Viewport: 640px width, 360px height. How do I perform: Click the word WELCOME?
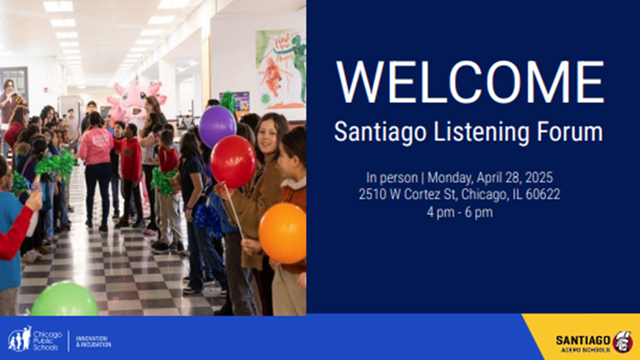pos(471,82)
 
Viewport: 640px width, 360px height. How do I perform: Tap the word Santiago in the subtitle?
pos(372,132)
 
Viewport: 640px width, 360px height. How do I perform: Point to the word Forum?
pos(568,132)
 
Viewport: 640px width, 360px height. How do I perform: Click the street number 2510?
pos(372,194)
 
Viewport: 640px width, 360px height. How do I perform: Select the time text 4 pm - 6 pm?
pos(470,211)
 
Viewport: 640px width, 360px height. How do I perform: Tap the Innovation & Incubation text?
pos(93,341)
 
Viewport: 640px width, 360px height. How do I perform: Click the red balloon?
pos(233,161)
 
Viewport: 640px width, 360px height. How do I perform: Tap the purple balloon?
pos(217,126)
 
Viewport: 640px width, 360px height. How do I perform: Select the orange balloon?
pos(282,232)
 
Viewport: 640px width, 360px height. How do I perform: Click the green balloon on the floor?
pos(64,299)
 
